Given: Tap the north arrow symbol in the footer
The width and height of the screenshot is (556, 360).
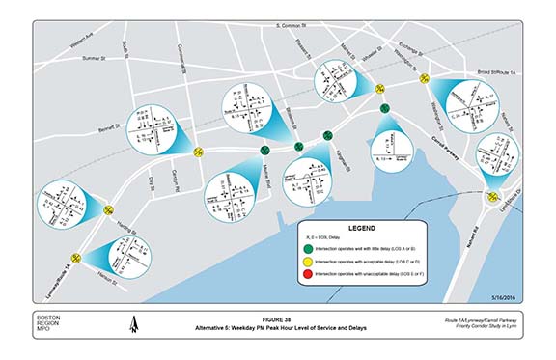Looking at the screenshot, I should coord(134,327).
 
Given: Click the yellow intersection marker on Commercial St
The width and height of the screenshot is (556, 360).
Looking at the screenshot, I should coord(198,152).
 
